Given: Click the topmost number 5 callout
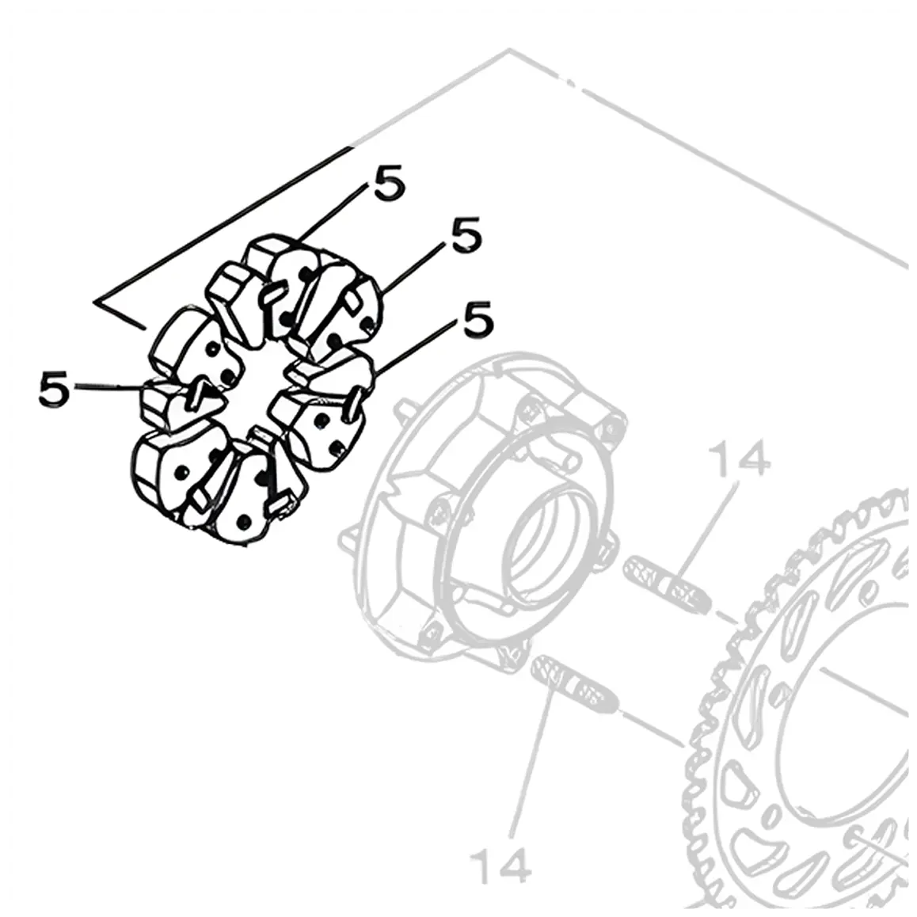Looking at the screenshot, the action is point(389,182).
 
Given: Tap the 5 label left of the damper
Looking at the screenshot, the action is point(54,388).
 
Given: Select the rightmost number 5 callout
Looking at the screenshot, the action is point(478,318).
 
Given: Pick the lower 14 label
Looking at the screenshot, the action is point(500,866).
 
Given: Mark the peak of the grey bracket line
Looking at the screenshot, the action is point(509,50).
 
